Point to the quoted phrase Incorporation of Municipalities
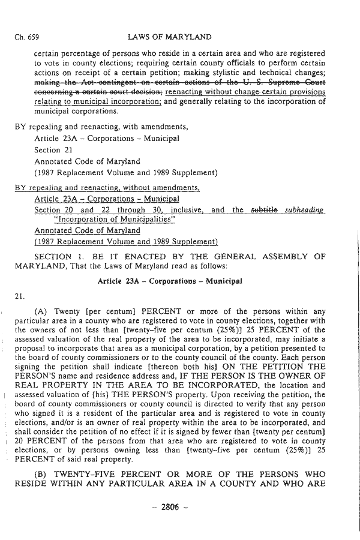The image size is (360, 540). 110,220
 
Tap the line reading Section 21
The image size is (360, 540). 55,150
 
